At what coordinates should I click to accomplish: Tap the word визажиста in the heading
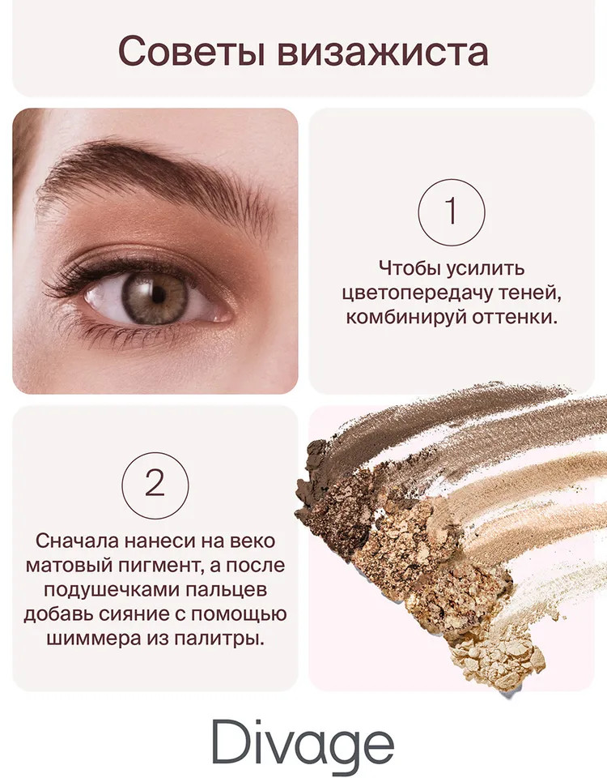(383, 52)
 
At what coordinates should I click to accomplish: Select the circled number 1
(451, 212)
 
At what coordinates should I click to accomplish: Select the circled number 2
(155, 485)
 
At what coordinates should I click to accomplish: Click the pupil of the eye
(158, 295)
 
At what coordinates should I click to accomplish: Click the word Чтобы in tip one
(410, 268)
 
